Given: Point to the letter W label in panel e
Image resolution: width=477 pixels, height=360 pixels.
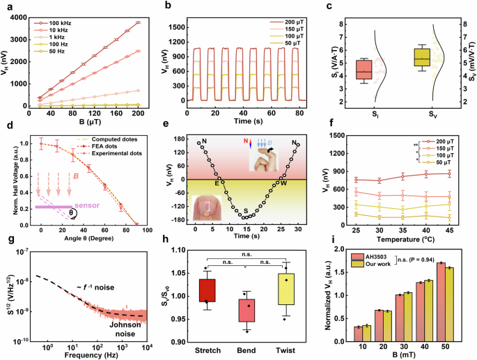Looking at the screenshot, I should [x=283, y=184].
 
